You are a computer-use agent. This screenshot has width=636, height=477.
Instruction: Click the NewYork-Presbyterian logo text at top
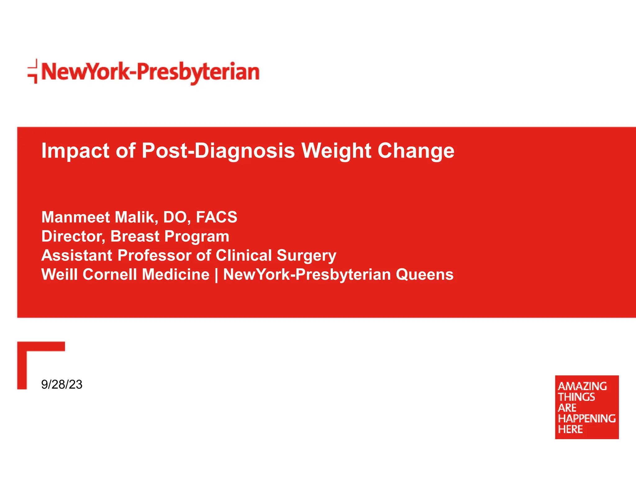150,72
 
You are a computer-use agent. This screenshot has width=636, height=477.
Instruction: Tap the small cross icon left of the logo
33,71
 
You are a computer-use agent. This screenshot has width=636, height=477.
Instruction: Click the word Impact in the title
75,151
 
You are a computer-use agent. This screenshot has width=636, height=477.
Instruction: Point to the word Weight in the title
336,151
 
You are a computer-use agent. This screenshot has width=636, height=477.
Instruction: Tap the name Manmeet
75,217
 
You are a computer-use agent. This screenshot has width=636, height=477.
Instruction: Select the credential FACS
216,217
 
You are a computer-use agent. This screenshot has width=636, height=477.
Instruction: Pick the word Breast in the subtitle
135,236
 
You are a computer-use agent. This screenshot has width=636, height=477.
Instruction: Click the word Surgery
306,256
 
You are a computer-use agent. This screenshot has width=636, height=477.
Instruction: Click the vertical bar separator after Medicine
216,275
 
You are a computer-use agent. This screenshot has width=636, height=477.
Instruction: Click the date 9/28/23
62,384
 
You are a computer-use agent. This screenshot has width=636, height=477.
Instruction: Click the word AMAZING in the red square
582,386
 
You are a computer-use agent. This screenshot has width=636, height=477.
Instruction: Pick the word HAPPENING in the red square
587,418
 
